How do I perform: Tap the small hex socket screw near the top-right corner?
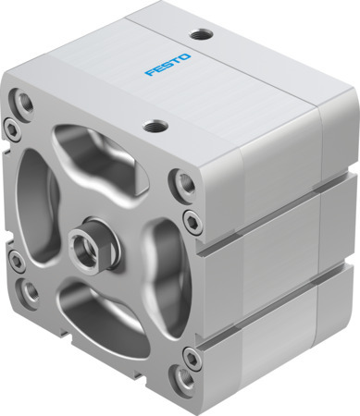click(x=191, y=219)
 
